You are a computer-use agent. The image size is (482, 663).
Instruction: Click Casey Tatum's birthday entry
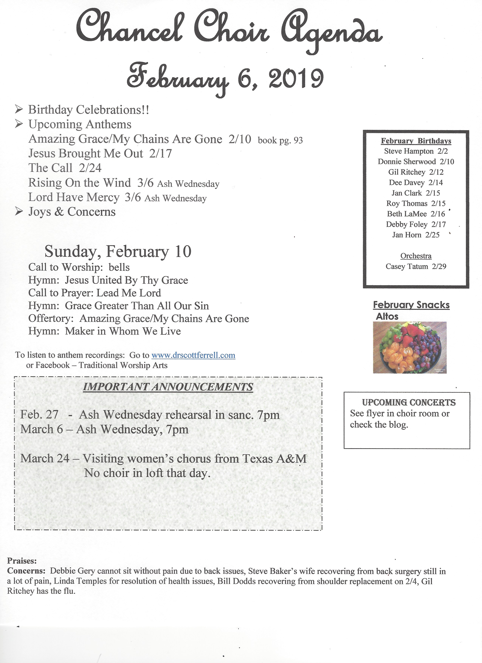416,266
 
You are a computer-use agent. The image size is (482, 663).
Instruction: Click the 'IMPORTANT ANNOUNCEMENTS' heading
168,387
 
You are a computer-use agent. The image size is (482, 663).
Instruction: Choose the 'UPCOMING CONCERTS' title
409,402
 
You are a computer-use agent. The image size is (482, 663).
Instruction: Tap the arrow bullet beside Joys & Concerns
19,211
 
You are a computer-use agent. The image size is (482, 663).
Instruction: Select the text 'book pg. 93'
280,140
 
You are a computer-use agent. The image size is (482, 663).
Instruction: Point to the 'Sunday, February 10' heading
118,251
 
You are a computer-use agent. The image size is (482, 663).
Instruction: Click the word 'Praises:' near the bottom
22,561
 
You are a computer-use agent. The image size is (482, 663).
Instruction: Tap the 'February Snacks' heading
411,305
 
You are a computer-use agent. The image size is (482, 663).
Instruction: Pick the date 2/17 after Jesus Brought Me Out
160,154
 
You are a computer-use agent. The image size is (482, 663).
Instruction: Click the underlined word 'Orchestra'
416,256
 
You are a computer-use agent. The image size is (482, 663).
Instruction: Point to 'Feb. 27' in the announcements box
39,415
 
